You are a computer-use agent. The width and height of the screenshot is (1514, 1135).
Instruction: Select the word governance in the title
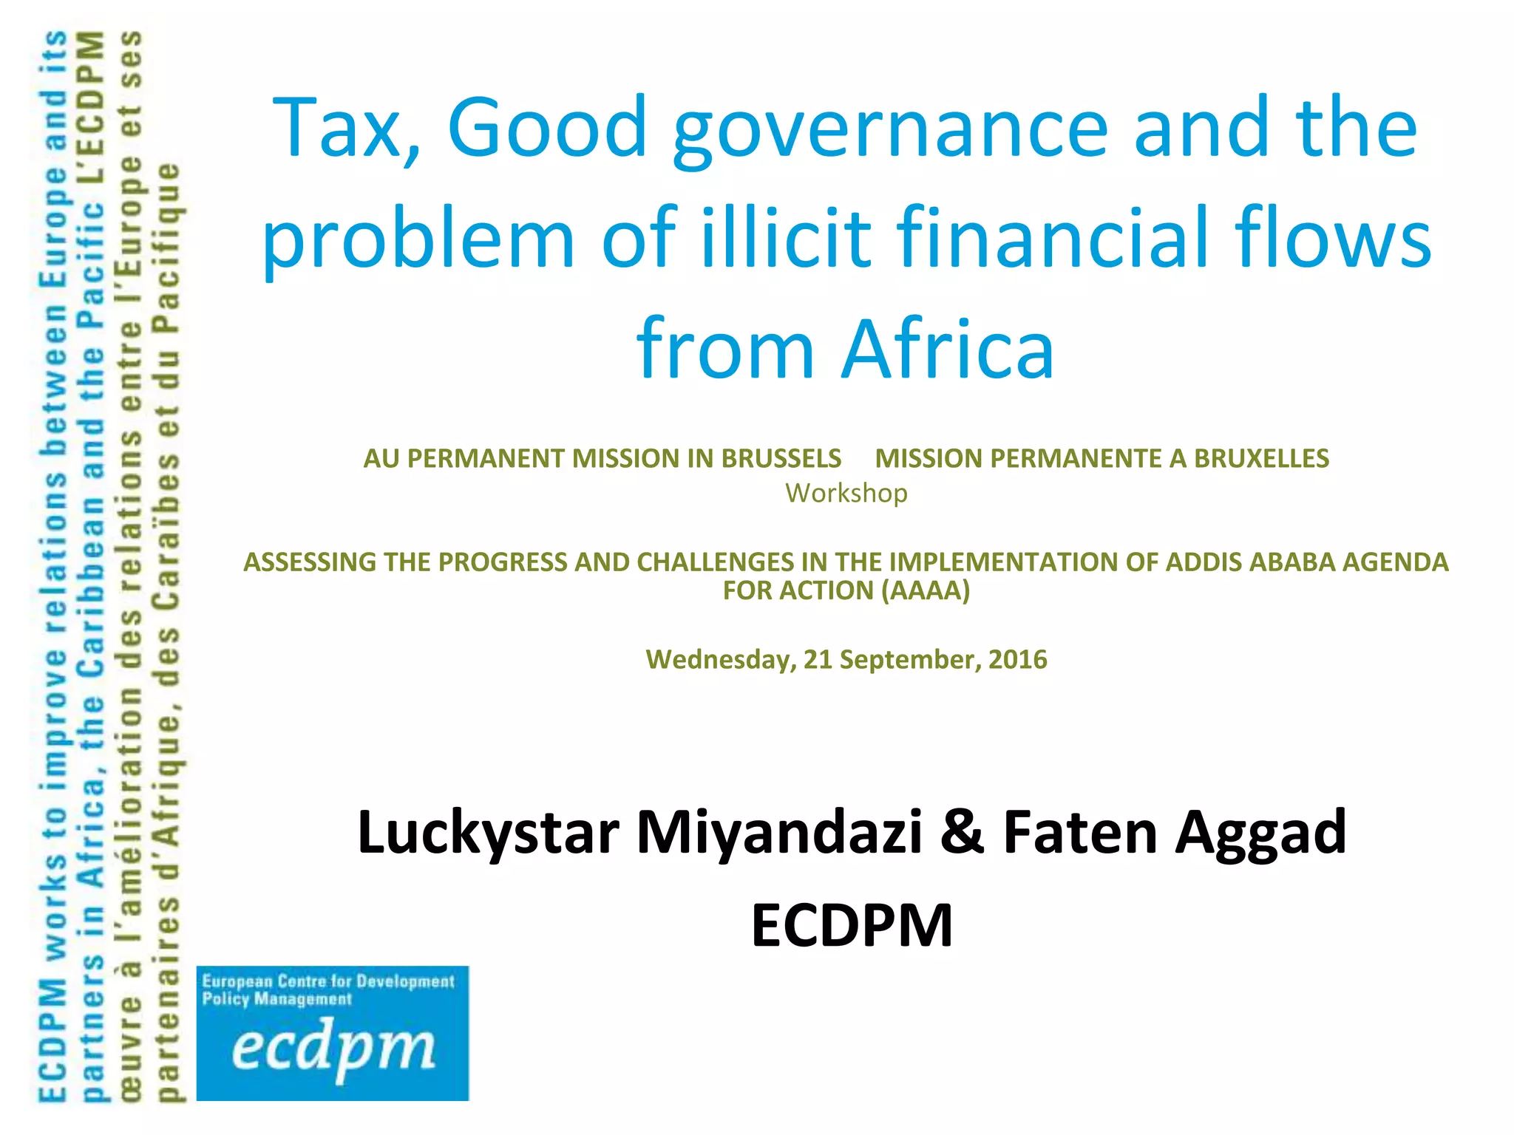(x=890, y=132)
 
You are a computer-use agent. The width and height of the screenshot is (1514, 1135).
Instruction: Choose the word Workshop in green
(x=846, y=493)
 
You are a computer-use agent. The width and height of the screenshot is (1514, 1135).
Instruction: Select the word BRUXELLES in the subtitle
(x=1261, y=459)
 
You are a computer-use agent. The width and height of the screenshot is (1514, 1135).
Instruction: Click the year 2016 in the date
(x=1017, y=659)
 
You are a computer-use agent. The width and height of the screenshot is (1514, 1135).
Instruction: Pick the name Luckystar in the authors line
(x=488, y=833)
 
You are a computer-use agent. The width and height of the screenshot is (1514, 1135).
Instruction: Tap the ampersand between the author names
(x=963, y=833)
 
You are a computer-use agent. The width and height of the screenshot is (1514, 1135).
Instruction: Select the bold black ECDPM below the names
(x=852, y=926)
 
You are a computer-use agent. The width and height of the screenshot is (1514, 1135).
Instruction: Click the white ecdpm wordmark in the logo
(x=333, y=1049)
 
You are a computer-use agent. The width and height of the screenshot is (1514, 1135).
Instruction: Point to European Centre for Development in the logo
(x=328, y=981)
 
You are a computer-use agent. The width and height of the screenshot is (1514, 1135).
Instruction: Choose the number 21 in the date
(x=818, y=659)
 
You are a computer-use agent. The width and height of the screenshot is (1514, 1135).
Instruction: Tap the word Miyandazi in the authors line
(x=780, y=833)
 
